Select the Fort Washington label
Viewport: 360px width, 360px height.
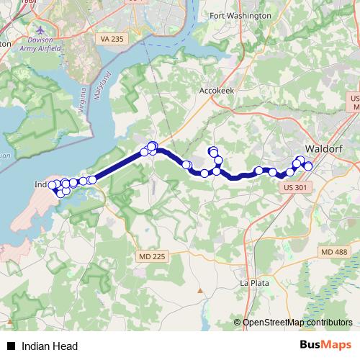pos(240,15)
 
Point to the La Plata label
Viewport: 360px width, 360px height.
pos(255,283)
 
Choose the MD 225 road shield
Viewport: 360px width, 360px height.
pos(151,255)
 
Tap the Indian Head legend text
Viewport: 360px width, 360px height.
pos(50,346)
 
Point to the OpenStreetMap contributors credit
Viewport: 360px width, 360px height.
pos(297,323)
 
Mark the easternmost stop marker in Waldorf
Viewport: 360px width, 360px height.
pos(308,166)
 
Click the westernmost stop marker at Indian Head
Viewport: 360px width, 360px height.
pos(52,185)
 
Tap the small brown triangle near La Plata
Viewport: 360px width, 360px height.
pos(200,291)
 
